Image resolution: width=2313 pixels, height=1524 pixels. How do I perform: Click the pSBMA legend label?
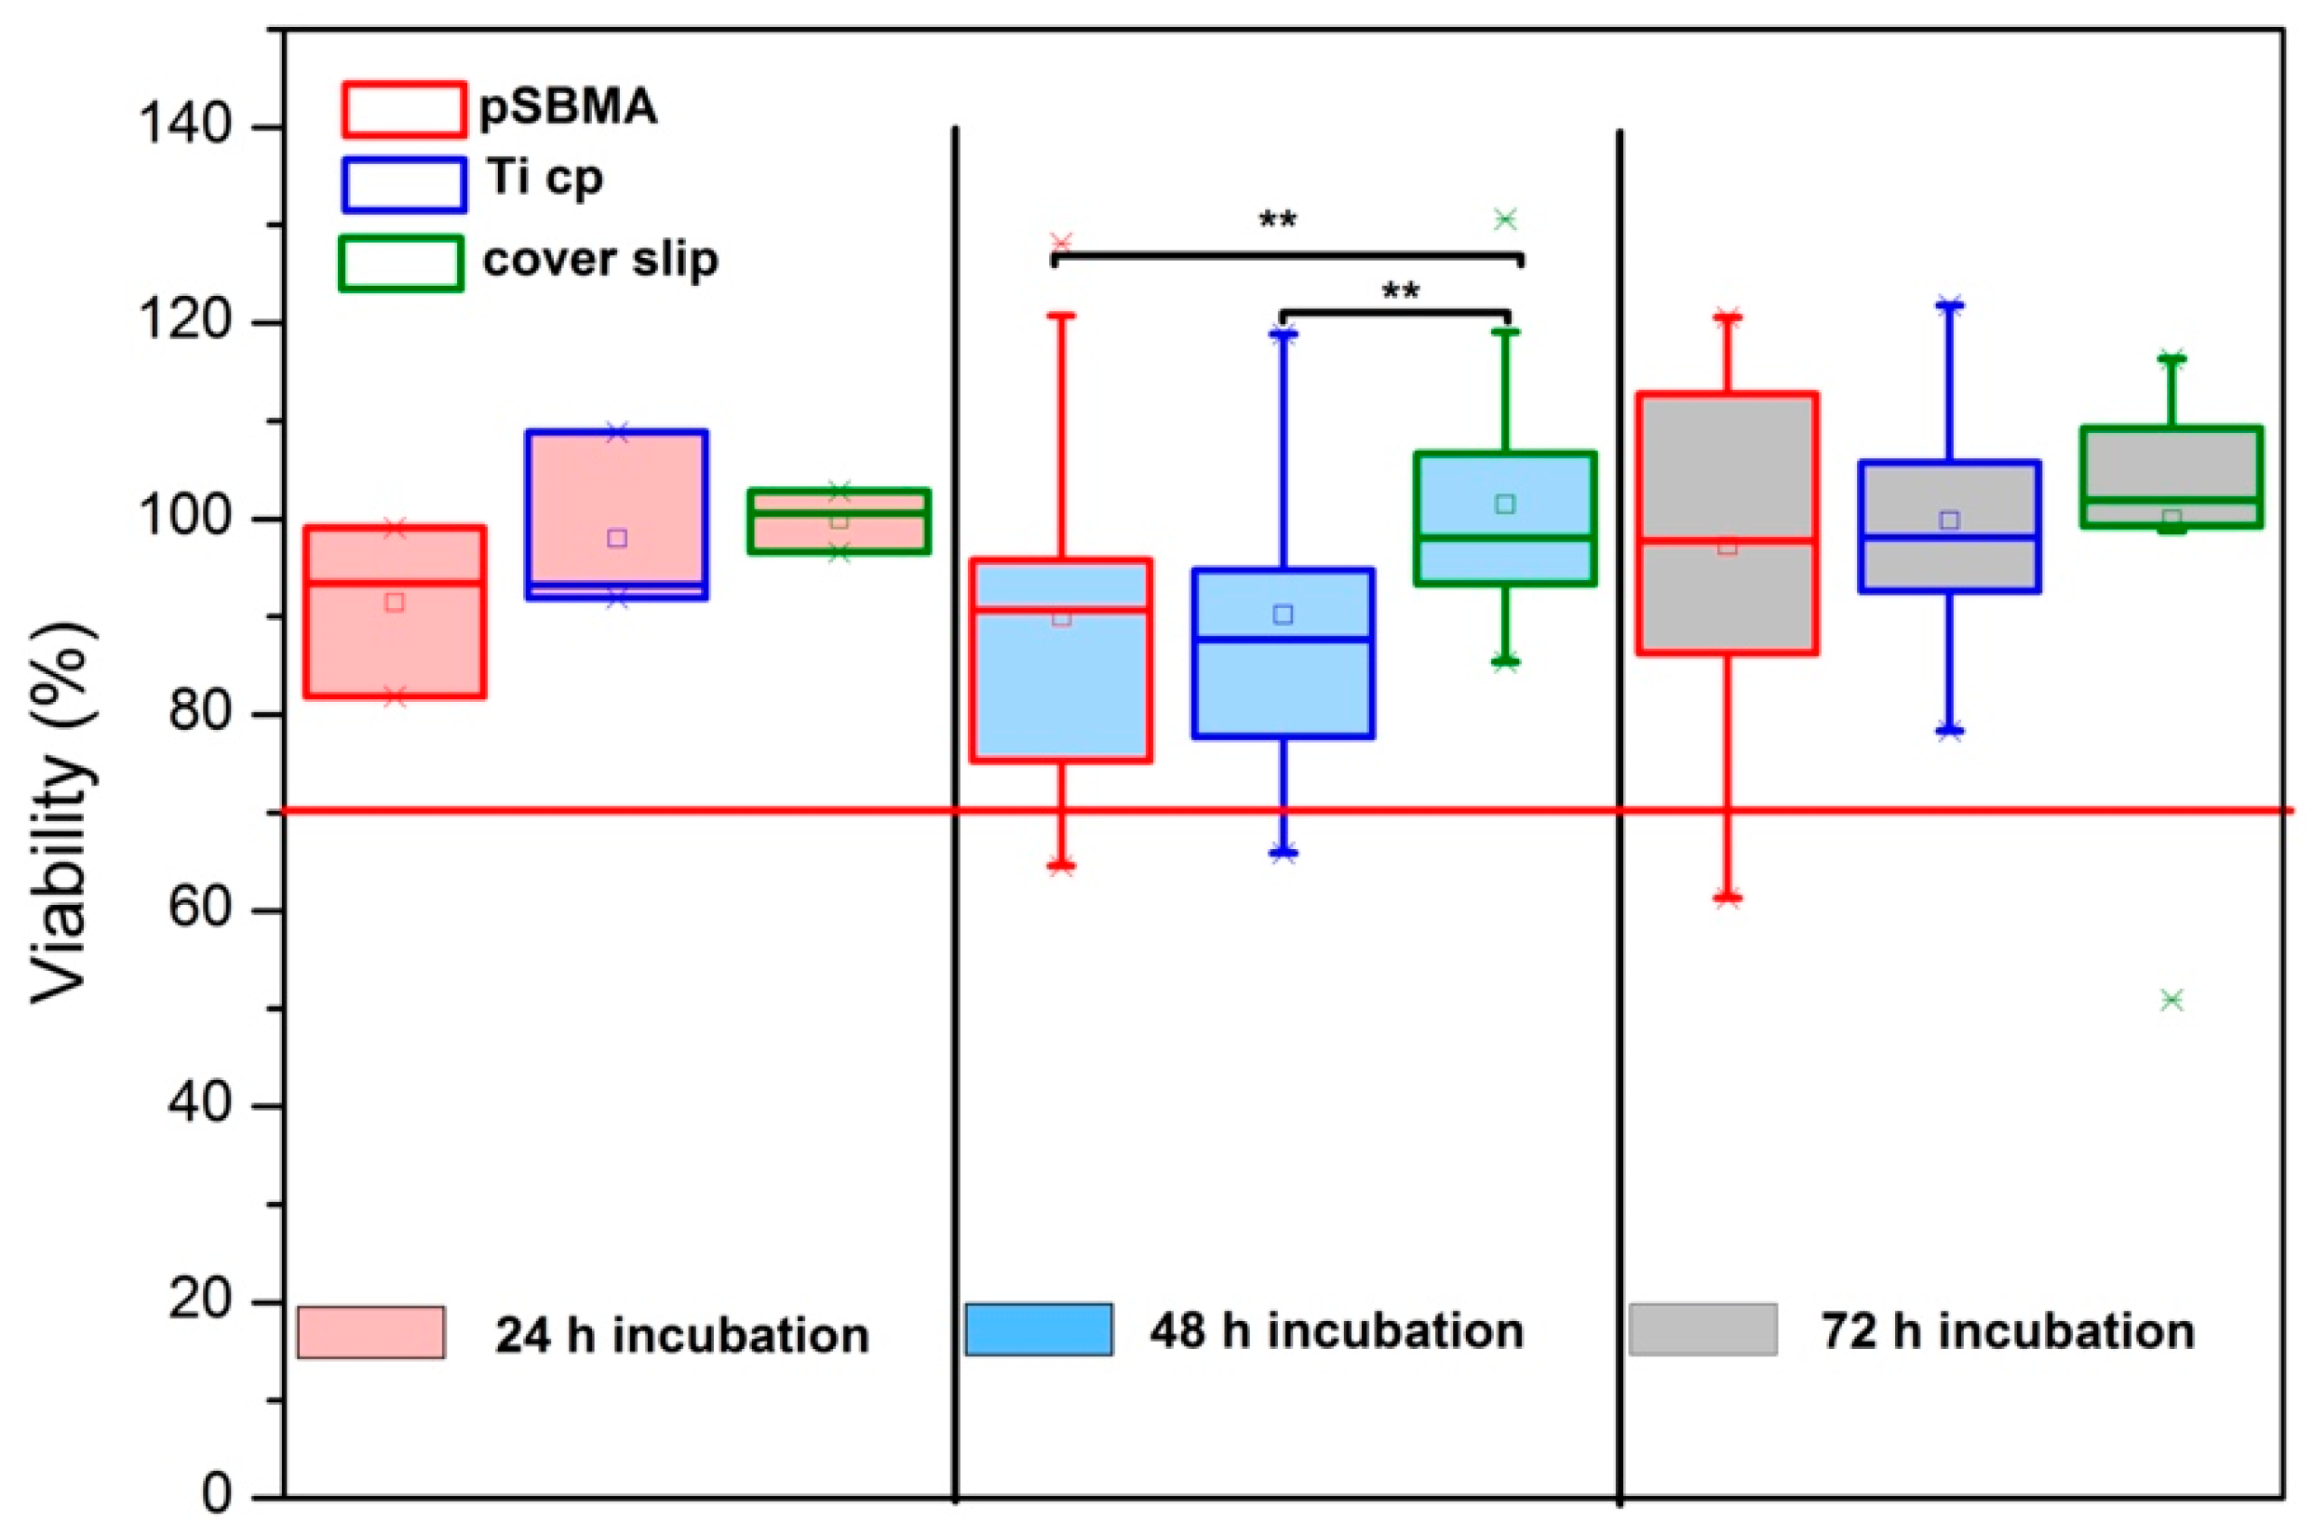click(x=569, y=108)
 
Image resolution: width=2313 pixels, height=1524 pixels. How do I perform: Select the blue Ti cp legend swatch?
click(x=403, y=185)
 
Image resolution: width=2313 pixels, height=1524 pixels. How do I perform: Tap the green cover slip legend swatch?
click(x=400, y=263)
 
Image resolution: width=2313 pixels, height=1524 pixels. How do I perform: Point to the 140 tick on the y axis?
click(x=183, y=126)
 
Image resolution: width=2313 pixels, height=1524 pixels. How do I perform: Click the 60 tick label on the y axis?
click(x=199, y=910)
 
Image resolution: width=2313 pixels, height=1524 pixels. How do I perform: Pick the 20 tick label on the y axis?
click(x=199, y=1301)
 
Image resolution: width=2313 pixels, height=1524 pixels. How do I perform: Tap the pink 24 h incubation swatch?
click(x=370, y=1332)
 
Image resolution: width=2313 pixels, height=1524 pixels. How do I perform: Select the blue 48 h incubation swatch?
click(x=1038, y=1329)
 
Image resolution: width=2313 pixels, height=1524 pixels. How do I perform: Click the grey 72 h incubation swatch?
click(x=1702, y=1329)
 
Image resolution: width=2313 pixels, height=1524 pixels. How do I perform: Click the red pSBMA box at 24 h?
click(x=395, y=641)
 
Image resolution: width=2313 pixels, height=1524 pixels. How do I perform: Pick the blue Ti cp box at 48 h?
click(x=1283, y=681)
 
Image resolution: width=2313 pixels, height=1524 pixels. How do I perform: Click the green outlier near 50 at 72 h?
click(x=2172, y=1000)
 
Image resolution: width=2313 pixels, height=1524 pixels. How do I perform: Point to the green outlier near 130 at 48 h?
click(x=1505, y=220)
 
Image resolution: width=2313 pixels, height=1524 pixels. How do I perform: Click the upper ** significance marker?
click(x=1277, y=221)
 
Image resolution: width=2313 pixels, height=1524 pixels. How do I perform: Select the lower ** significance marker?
click(x=1400, y=291)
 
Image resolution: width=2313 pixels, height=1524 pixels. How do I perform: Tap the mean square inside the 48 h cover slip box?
click(x=1505, y=504)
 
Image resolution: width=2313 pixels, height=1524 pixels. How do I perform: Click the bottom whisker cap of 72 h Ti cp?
click(x=1949, y=731)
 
